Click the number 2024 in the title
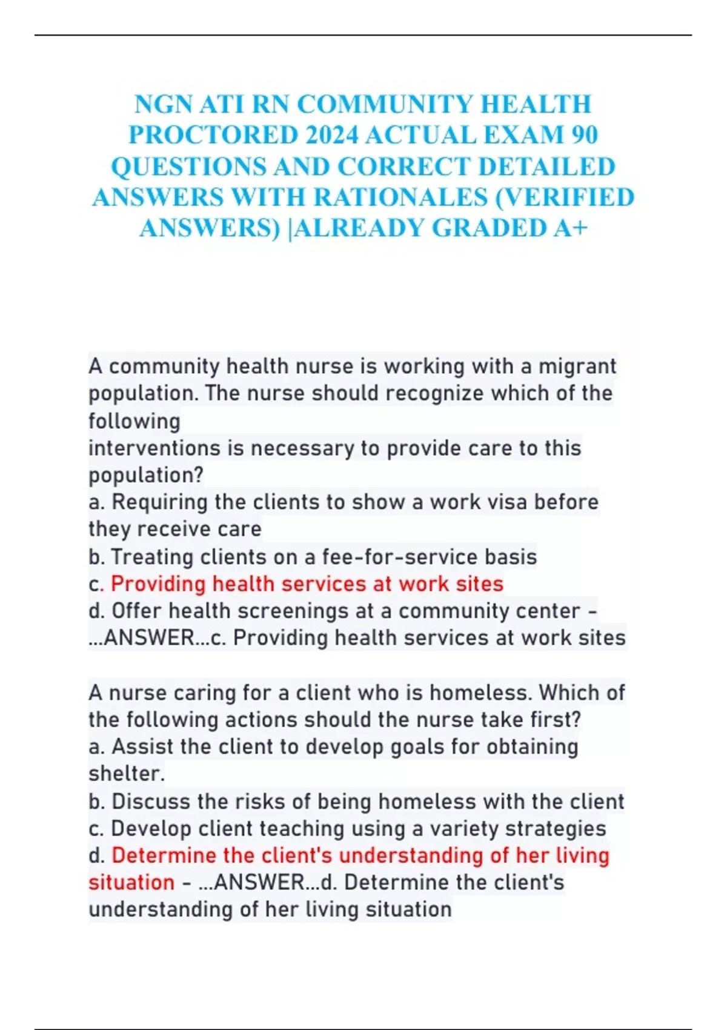[332, 135]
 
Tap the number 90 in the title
[584, 135]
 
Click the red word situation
[131, 882]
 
